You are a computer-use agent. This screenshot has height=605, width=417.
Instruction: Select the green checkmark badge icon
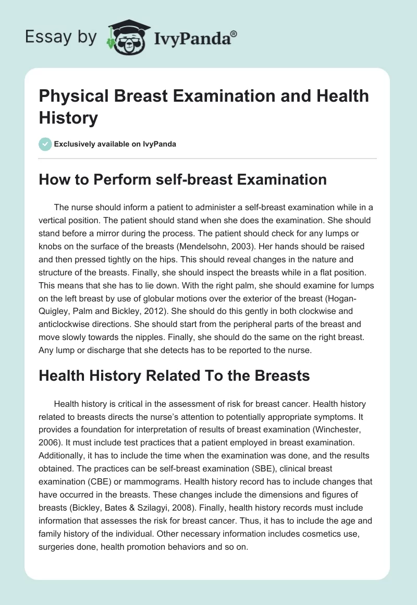(x=45, y=144)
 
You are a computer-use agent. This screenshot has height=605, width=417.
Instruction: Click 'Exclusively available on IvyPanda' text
(x=115, y=144)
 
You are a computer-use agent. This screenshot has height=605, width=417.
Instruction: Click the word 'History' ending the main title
(x=68, y=118)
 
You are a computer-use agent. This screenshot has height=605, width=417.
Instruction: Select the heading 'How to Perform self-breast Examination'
(x=182, y=179)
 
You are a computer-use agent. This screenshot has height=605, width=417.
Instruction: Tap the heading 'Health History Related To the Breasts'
(x=174, y=376)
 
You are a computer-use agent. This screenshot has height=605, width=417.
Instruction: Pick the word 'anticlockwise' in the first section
(x=64, y=323)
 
